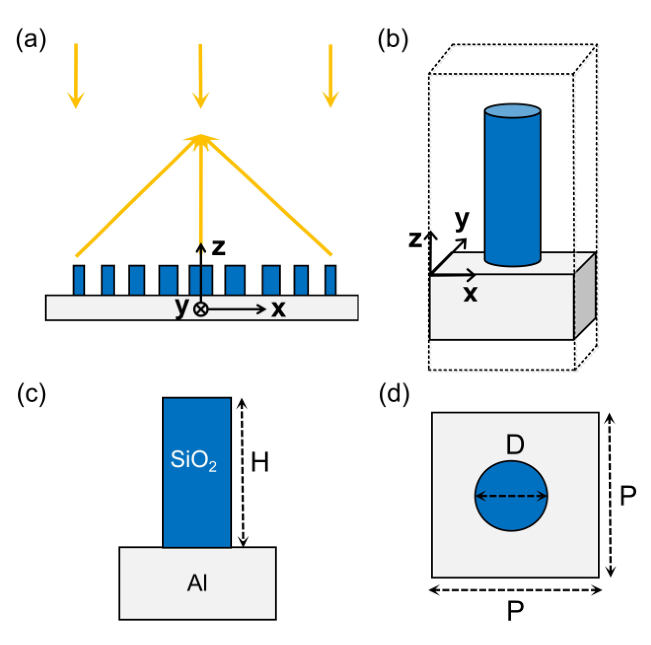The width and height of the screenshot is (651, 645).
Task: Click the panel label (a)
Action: click(31, 40)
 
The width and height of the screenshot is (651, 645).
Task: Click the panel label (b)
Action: click(393, 40)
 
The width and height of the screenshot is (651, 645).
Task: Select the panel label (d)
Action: click(394, 394)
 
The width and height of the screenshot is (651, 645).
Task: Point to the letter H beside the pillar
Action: click(260, 462)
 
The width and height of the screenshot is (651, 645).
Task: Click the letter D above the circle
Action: click(515, 444)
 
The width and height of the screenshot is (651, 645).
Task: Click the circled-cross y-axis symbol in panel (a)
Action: click(201, 309)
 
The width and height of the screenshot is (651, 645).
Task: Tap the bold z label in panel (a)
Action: click(218, 248)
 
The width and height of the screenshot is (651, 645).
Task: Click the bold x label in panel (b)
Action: click(470, 293)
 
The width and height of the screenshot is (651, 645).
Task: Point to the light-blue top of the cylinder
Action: click(513, 111)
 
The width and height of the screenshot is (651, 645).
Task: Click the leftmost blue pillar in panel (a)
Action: click(79, 280)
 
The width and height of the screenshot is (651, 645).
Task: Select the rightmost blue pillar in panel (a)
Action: click(331, 280)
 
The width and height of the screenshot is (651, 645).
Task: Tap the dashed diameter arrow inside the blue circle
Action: click(511, 496)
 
